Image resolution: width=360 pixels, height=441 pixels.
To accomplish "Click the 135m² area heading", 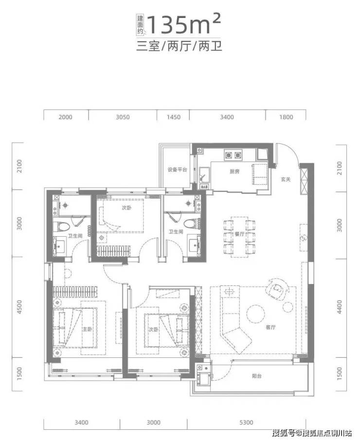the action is [183, 25].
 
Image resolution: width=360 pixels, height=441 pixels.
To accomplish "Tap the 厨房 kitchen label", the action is [234, 171].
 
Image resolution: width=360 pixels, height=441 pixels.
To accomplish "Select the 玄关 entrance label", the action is [286, 179].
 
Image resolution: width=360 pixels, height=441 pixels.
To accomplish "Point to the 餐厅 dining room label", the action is [239, 234].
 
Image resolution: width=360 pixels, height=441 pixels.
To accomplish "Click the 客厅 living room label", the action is [270, 327].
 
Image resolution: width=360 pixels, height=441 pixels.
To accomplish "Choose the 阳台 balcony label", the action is [257, 376].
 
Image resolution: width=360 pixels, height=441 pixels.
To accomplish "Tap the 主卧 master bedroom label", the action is [87, 329].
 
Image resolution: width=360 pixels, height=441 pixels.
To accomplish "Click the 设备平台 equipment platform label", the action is [178, 170].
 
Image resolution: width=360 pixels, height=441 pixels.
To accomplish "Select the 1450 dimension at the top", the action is [173, 117].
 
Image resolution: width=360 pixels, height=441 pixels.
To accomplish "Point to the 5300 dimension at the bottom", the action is [246, 422].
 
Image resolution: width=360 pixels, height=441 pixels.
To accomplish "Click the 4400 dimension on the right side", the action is [340, 307].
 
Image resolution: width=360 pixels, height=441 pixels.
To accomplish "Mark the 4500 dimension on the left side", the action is [19, 307].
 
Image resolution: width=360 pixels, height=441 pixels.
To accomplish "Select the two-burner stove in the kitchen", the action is [233, 155].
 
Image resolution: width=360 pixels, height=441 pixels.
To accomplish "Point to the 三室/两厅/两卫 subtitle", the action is [180, 46].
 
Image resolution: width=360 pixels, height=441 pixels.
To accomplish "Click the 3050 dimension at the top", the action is [123, 117].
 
